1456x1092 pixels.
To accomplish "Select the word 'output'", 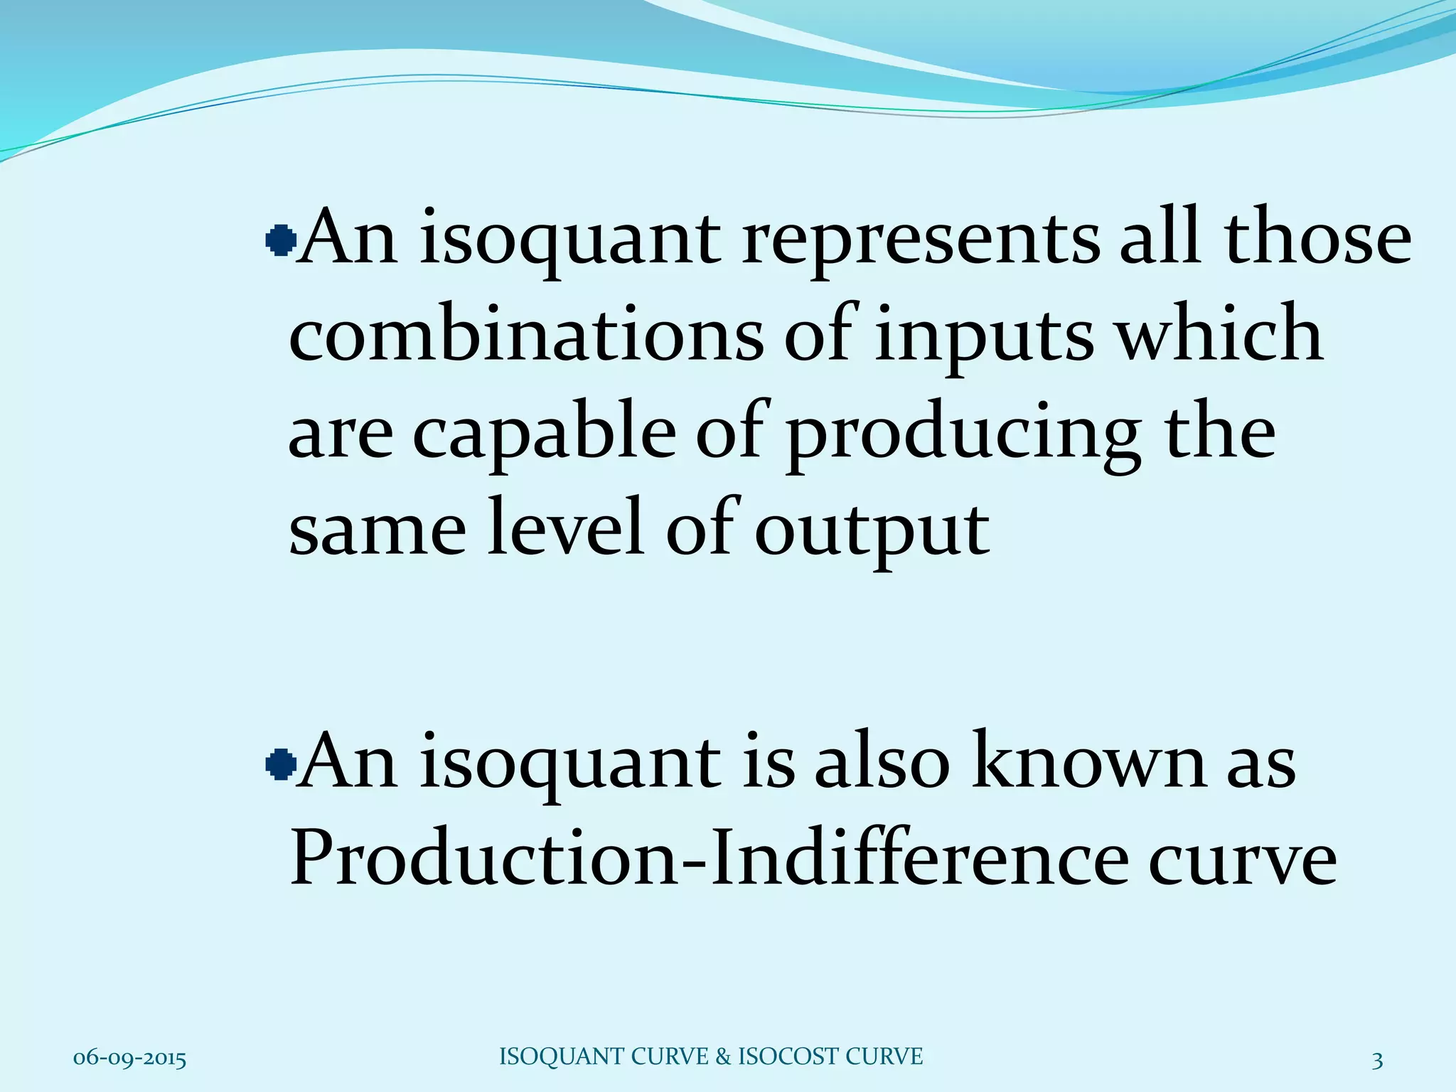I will pyautogui.click(x=872, y=532).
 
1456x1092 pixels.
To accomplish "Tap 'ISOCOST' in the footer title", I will pyautogui.click(x=778, y=1056).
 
